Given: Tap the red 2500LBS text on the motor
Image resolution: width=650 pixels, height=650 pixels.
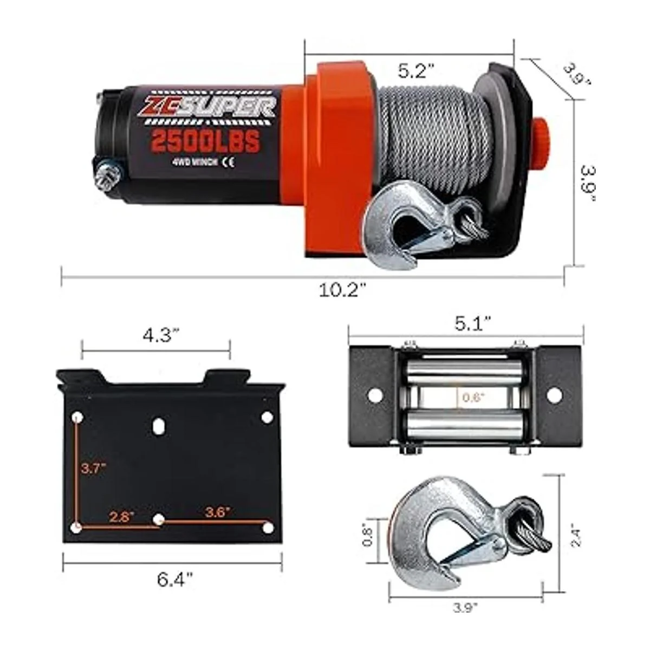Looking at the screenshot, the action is tap(205, 141).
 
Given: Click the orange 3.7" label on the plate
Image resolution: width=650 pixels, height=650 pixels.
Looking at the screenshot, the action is tap(94, 469).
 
